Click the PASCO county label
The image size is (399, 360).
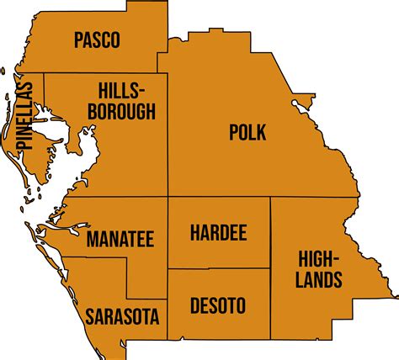97,39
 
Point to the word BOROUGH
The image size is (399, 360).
126,112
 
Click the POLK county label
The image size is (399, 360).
247,132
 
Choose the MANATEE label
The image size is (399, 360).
120,239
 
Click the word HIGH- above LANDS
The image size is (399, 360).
319,260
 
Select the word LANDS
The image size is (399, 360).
319,280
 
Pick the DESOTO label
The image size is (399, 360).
217,304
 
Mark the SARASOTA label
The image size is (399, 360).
123,316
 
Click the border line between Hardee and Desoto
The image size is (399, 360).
219,269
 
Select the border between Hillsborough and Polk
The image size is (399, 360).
168,135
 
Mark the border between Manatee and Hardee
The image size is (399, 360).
168,236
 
